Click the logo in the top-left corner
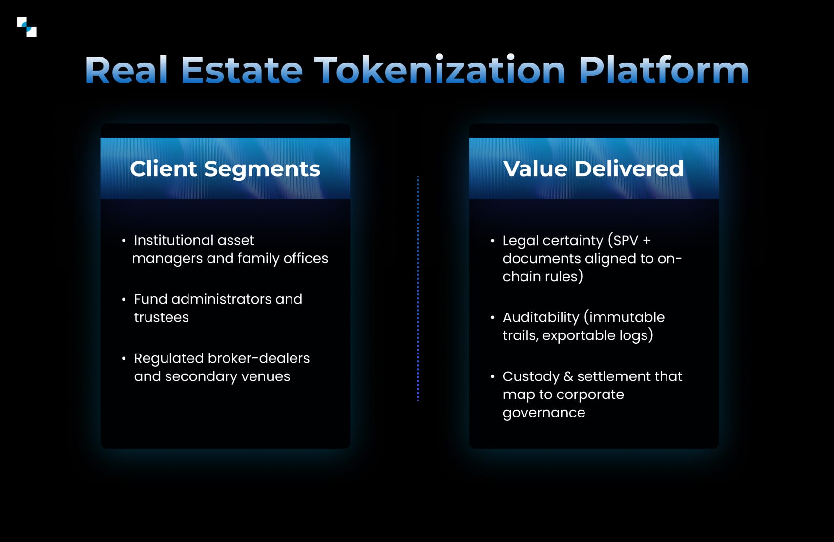point(26,27)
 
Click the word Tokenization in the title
point(439,70)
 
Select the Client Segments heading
point(225,169)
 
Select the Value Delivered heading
point(593,169)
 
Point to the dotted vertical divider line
point(418,288)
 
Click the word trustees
point(161,317)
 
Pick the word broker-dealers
point(259,358)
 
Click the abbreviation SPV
point(626,240)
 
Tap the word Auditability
point(541,317)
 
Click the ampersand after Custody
point(568,376)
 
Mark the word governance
point(544,413)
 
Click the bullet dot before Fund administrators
point(124,299)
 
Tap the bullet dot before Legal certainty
point(492,240)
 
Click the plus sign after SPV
point(647,240)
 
